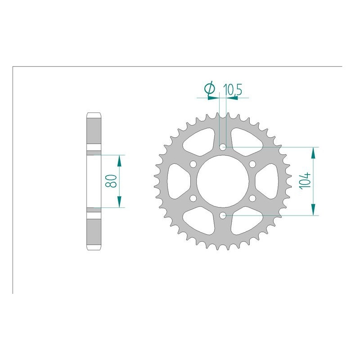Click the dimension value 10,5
pos(233,90)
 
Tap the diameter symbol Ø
pos(209,89)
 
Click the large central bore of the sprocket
pos(223,181)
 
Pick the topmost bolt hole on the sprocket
pos(223,147)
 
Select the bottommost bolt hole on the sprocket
pos(223,216)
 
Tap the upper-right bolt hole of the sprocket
pos(252,164)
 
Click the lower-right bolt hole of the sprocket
pos(252,198)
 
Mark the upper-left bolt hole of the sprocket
pos(193,164)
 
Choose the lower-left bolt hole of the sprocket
pos(193,198)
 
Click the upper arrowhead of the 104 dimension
pos(312,152)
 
